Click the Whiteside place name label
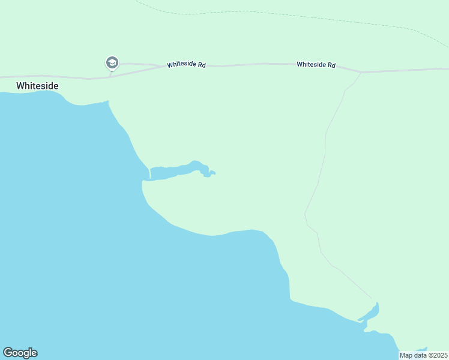coord(37,86)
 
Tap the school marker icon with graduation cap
coord(112,62)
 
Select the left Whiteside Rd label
coord(186,64)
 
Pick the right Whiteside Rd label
coord(316,64)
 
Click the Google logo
coord(20,353)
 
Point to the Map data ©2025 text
coord(423,355)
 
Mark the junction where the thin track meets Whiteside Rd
coord(361,72)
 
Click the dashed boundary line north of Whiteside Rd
coord(270,13)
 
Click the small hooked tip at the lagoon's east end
coord(212,173)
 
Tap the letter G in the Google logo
coord(8,353)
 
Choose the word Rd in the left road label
coord(202,65)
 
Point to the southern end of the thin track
coord(372,298)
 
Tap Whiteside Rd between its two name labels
coord(252,64)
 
